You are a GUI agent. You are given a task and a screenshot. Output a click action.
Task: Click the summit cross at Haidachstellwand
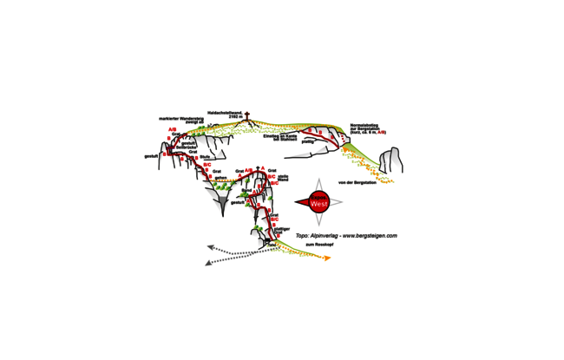[246, 117]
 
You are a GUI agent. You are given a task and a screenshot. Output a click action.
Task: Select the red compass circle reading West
[318, 202]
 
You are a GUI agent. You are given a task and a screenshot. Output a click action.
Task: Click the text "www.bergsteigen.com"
[369, 235]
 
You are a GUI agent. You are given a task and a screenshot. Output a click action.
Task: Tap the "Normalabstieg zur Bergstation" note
[368, 128]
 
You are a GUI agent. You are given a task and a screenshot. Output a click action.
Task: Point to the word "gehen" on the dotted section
[220, 176]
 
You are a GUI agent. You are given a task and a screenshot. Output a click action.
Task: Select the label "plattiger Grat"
[281, 230]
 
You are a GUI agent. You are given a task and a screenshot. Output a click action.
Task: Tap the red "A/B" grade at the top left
[172, 129]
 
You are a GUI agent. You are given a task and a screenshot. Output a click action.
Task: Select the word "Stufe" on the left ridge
[205, 157]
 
